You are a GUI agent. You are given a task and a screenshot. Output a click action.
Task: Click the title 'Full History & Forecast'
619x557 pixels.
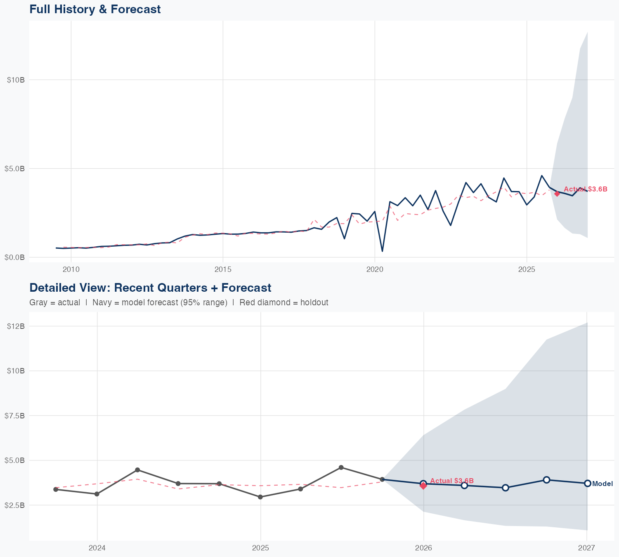click(x=95, y=9)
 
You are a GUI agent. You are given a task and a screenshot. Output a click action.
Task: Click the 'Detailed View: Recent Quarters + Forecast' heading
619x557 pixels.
click(x=150, y=288)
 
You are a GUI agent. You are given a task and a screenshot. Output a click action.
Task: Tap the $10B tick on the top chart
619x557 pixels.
click(x=16, y=80)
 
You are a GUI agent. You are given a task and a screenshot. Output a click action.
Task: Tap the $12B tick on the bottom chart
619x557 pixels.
click(x=16, y=326)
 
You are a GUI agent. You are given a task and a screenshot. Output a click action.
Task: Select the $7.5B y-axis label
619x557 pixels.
click(x=16, y=415)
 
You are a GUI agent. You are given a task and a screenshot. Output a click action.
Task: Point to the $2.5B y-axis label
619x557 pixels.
click(x=16, y=505)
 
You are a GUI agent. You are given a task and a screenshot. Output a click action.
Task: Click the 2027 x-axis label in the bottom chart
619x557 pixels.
click(x=586, y=548)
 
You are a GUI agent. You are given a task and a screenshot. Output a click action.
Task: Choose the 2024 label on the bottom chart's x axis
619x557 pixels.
click(x=97, y=548)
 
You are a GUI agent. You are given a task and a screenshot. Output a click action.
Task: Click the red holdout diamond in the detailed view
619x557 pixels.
click(x=423, y=486)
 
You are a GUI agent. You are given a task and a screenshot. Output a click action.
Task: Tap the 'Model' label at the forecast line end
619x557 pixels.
click(x=602, y=484)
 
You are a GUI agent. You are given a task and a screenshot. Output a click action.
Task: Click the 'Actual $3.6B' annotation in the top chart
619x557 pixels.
click(x=586, y=189)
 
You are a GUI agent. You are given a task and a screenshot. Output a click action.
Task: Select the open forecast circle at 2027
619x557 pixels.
click(x=587, y=483)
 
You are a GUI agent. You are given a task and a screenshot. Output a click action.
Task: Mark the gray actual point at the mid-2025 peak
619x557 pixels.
click(x=341, y=467)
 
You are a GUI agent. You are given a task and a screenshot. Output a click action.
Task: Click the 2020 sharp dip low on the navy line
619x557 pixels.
click(x=382, y=251)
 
